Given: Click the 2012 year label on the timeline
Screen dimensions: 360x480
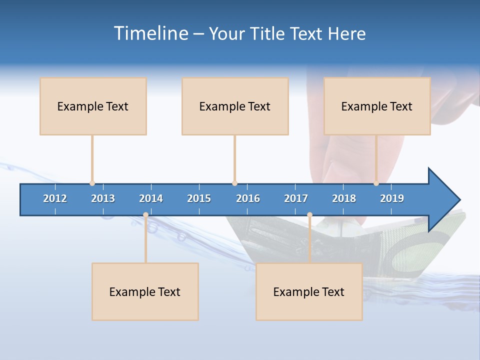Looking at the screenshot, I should click(55, 198).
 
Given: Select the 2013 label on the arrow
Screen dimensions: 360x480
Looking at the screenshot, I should click(103, 198).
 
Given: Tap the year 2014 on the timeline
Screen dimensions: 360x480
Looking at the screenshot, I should click(151, 198).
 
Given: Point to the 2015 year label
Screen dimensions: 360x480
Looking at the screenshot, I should click(199, 198).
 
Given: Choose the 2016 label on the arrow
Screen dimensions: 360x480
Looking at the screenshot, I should click(248, 198).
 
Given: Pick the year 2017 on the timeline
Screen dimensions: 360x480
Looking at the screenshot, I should click(296, 198).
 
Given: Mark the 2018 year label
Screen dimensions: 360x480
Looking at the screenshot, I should click(344, 198).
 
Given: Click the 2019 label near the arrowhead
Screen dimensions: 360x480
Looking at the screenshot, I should click(392, 198).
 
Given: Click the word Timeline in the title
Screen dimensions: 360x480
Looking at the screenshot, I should click(150, 33).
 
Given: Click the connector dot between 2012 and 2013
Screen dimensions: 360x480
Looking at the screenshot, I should click(92, 183).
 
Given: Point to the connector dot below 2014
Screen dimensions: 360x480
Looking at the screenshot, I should click(145, 215).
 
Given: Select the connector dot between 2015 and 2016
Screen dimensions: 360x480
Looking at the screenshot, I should click(234, 183).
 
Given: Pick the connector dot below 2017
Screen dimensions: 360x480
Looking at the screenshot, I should click(309, 215).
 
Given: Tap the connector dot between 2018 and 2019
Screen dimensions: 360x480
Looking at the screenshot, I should click(376, 183).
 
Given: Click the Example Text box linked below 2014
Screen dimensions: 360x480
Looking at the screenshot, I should click(145, 291).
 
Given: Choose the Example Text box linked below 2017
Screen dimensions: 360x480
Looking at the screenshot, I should click(309, 291).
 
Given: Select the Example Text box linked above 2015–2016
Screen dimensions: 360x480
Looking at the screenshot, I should click(235, 106).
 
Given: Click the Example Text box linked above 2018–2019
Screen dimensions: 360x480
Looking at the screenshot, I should click(377, 106).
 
